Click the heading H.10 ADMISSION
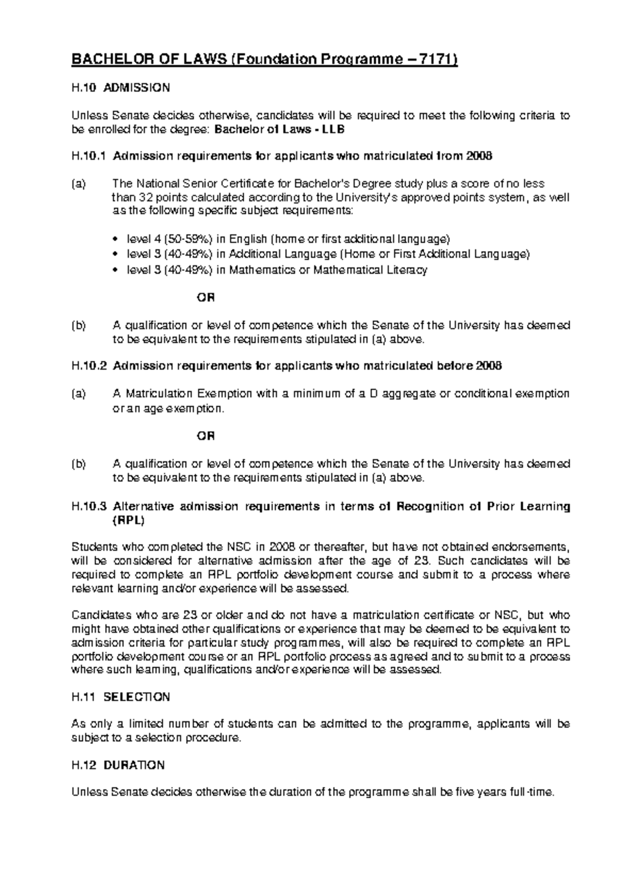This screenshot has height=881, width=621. pyautogui.click(x=120, y=88)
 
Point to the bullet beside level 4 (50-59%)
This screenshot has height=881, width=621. pyautogui.click(x=115, y=240)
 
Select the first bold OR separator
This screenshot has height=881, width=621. pyautogui.click(x=205, y=298)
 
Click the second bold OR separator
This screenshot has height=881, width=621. pyautogui.click(x=205, y=436)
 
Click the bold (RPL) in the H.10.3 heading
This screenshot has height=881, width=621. pyautogui.click(x=128, y=520)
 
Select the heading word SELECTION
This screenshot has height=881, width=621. pyautogui.click(x=137, y=697)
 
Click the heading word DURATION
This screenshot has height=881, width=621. pyautogui.click(x=134, y=765)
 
